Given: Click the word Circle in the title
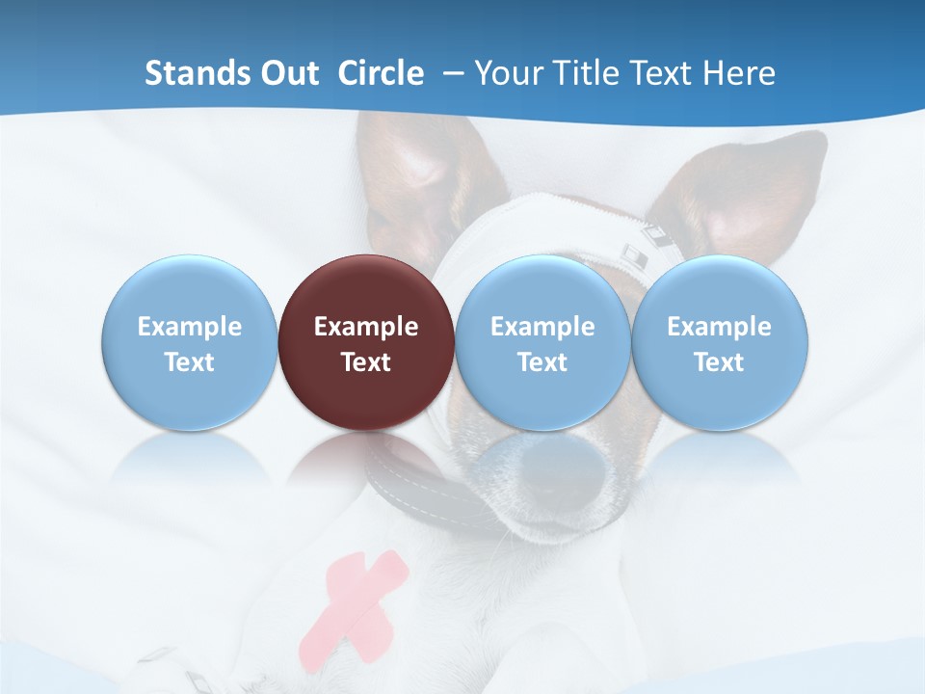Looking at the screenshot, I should [381, 73].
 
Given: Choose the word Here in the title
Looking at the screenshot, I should [741, 73].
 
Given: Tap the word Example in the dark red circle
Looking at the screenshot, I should [366, 327].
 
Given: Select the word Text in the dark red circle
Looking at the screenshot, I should [366, 362].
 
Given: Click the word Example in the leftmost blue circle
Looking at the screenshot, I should [190, 327].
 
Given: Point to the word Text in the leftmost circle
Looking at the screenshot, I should [190, 362].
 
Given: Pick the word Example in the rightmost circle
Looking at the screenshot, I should [720, 327].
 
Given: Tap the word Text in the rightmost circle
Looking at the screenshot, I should [720, 362].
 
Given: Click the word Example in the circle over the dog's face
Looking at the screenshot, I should [542, 327].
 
